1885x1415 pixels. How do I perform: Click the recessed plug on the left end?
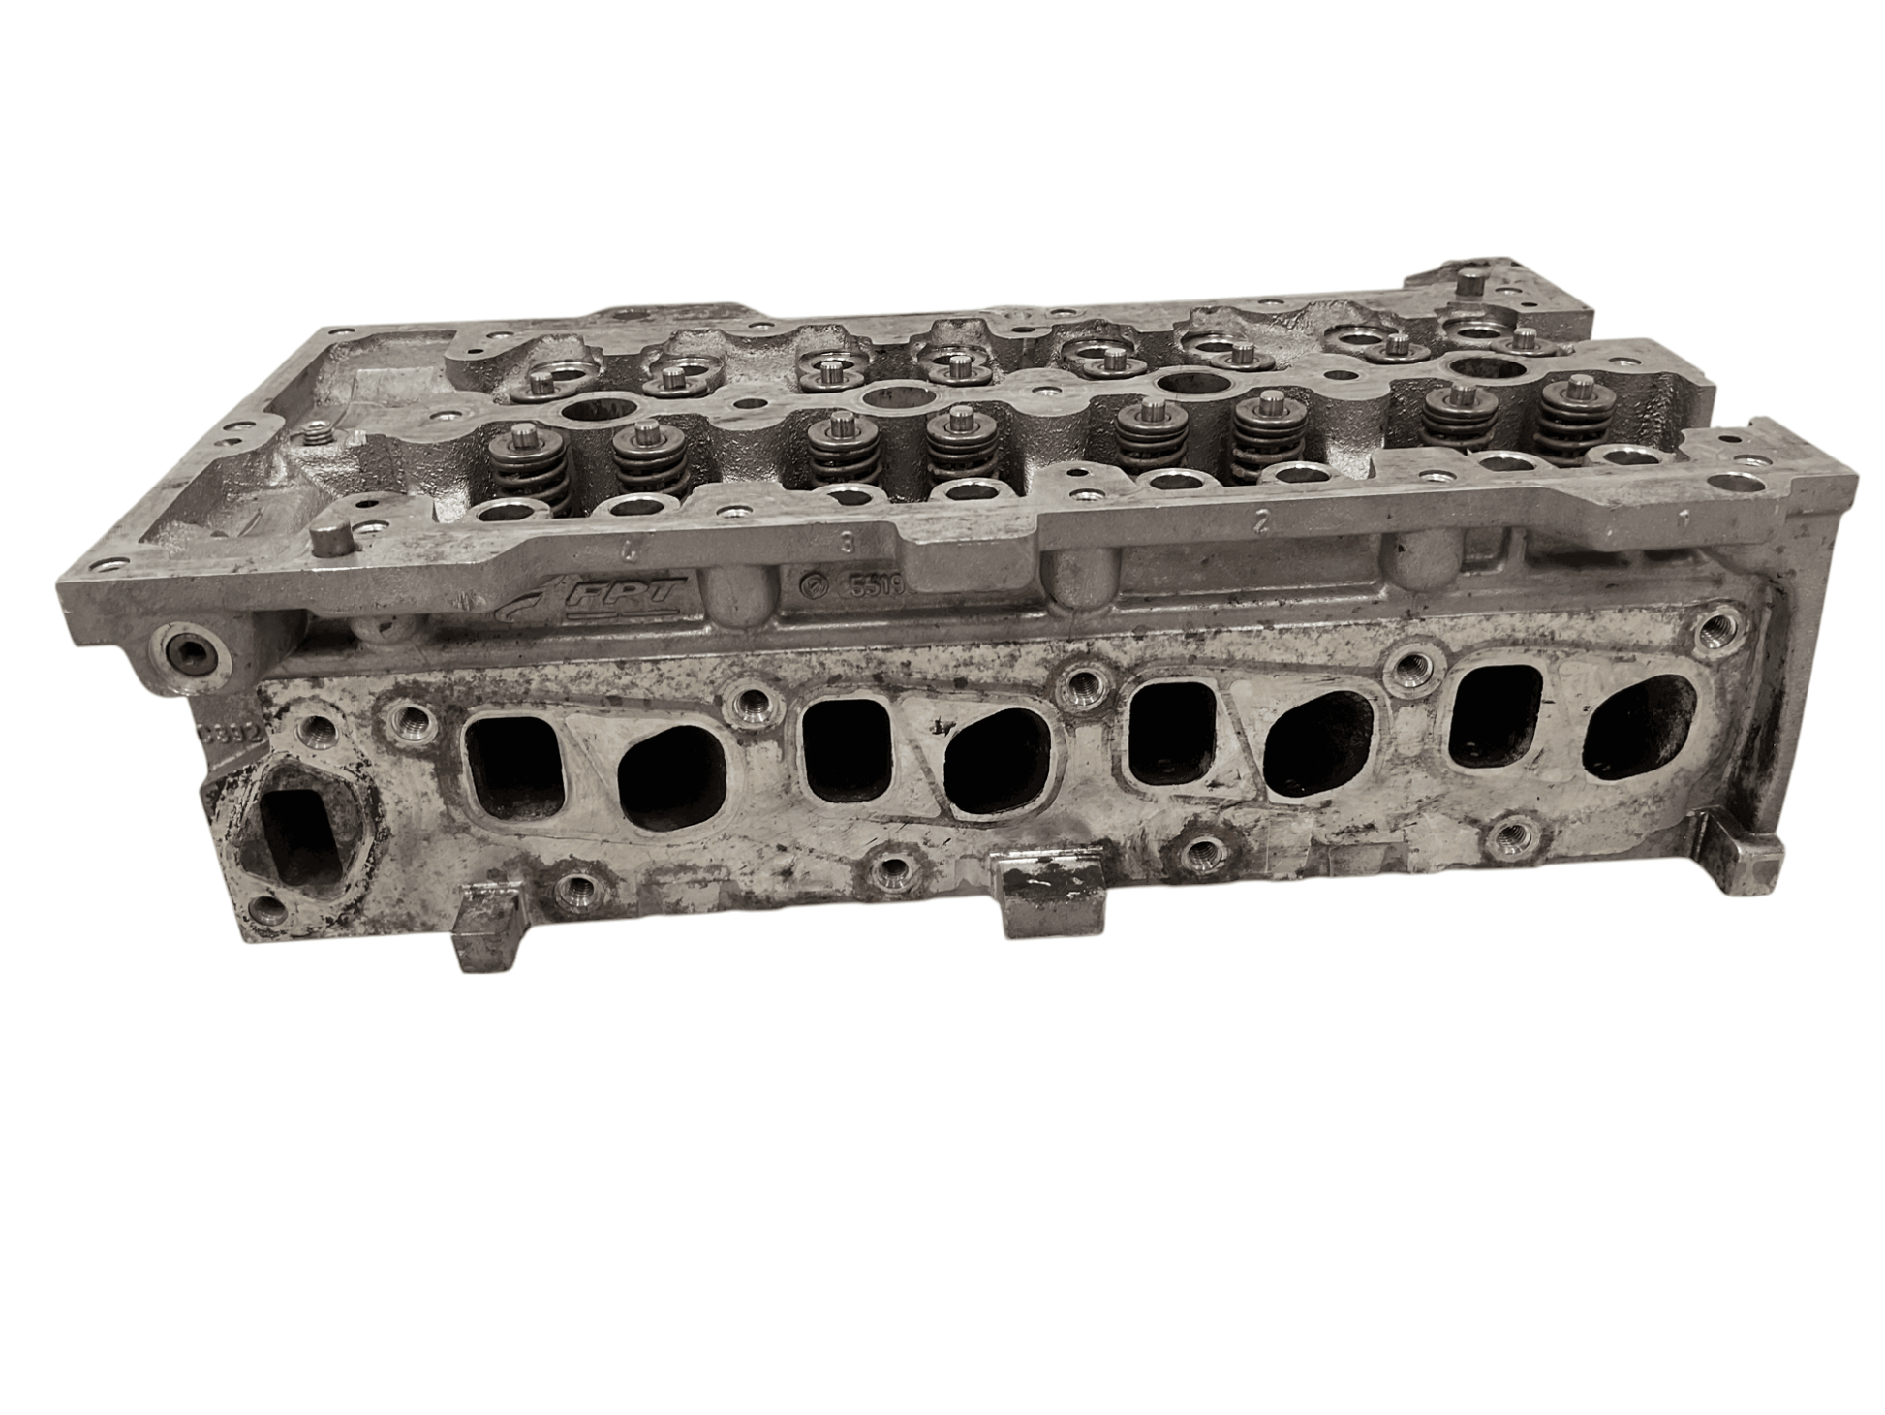pyautogui.click(x=188, y=652)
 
